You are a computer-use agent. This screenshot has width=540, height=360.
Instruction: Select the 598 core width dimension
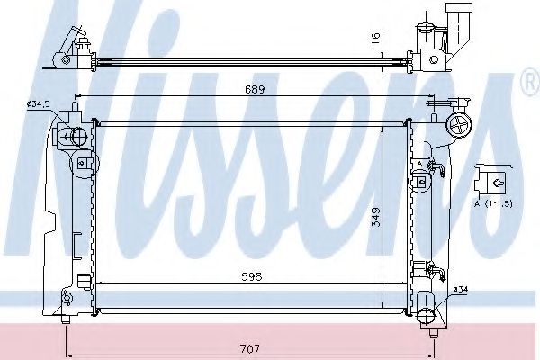click(x=252, y=277)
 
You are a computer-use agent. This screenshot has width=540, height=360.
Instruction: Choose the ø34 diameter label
click(x=460, y=289)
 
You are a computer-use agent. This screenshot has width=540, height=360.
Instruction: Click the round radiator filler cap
click(x=460, y=125)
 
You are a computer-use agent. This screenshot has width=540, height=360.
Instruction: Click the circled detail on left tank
click(x=83, y=164)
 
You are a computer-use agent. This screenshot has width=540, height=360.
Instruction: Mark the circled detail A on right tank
click(x=419, y=182)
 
